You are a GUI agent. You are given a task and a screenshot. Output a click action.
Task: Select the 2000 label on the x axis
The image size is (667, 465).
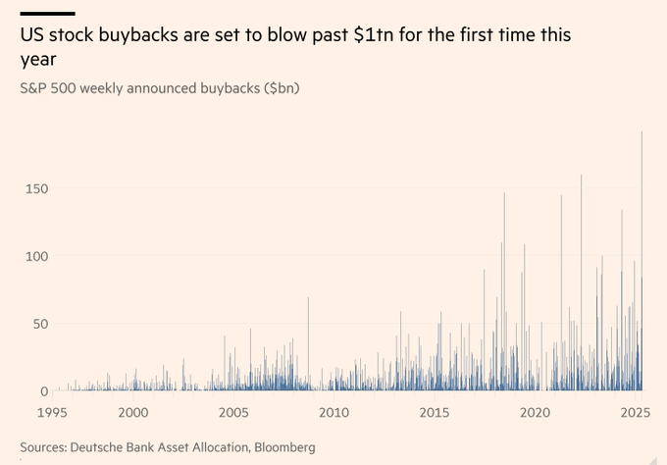[133, 413]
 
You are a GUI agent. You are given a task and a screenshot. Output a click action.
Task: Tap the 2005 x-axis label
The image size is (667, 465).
[233, 413]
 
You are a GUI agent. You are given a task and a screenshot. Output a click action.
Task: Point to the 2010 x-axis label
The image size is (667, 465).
[334, 413]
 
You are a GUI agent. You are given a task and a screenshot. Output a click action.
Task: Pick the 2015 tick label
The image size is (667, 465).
[435, 413]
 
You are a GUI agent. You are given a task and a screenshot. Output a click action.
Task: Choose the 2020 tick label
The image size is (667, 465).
[535, 413]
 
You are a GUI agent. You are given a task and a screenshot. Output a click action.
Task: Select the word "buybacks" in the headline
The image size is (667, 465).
[145, 35]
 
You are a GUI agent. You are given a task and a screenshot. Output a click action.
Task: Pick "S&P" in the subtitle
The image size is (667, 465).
[35, 88]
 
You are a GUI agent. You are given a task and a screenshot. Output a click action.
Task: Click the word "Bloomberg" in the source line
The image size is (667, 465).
[284, 447]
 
